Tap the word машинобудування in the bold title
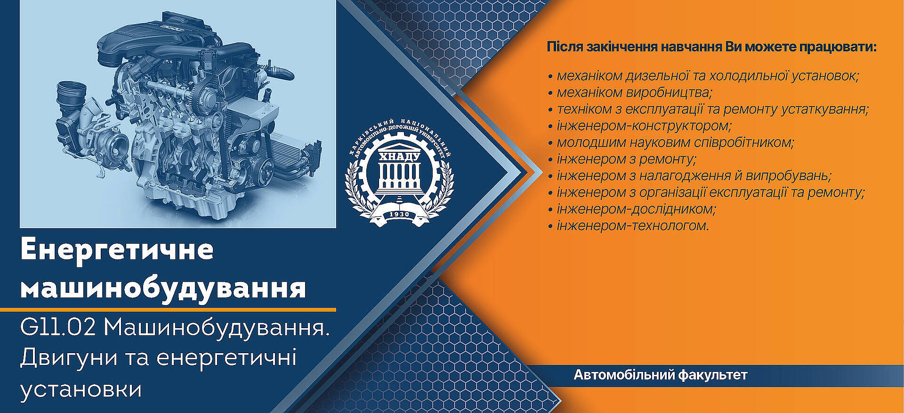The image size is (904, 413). click(163, 289)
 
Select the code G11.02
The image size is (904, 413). click(58, 327)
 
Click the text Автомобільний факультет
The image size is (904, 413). click(660, 375)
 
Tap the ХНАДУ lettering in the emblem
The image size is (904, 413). click(399, 157)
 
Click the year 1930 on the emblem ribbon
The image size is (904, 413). click(399, 215)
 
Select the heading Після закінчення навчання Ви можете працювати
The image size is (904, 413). click(711, 47)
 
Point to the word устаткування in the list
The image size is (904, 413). click(825, 109)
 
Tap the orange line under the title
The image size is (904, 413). click(168, 310)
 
